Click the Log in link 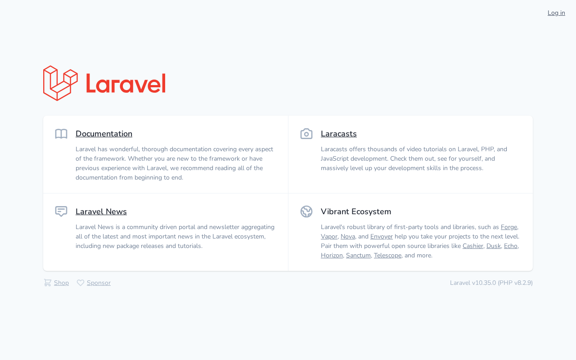[556, 13]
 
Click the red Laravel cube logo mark [60, 83]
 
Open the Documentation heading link [104, 134]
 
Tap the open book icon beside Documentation [61, 134]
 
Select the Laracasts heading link [339, 134]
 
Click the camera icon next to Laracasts [306, 134]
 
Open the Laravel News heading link [101, 211]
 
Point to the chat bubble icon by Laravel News [61, 211]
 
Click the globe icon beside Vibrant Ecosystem [306, 211]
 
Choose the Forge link [509, 227]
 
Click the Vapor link [329, 237]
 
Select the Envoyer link [381, 237]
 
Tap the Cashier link [472, 246]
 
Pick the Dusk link [494, 246]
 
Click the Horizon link [332, 255]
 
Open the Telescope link [387, 255]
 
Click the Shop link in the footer [61, 283]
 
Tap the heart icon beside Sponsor [81, 283]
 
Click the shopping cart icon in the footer [48, 283]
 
